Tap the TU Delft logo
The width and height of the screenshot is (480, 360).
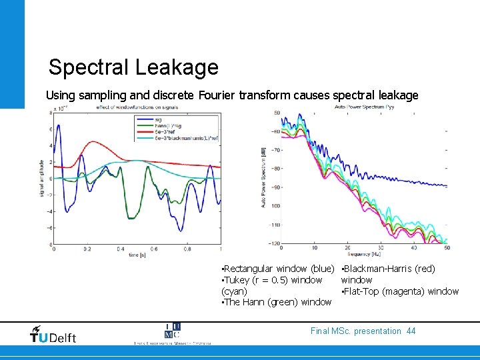(53, 334)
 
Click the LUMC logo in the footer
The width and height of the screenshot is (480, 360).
(171, 332)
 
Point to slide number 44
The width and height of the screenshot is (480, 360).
(411, 331)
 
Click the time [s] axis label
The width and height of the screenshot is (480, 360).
(133, 255)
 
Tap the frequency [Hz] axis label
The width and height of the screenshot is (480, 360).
(363, 255)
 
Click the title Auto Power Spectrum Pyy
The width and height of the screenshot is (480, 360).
(365, 107)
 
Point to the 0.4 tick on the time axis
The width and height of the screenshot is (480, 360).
(120, 249)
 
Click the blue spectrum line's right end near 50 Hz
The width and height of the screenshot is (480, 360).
(446, 186)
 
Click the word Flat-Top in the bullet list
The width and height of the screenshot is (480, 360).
(360, 291)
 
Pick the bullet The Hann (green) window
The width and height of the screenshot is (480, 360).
(276, 302)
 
